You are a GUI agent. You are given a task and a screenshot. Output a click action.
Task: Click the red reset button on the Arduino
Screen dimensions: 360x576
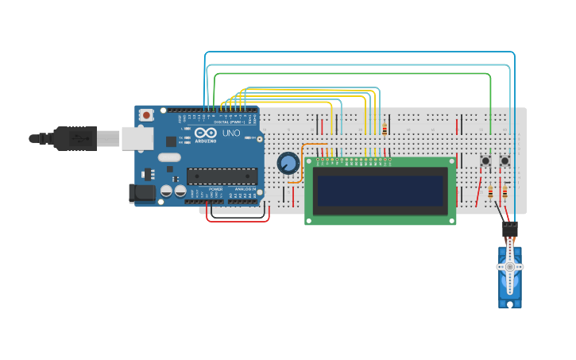tap(146, 115)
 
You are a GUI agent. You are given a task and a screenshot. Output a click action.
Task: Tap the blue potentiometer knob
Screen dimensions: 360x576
tap(288, 164)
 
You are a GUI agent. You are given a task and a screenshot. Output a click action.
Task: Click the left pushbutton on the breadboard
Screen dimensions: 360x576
tap(485, 161)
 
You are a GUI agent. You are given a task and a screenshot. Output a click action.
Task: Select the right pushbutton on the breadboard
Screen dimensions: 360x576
tap(504, 161)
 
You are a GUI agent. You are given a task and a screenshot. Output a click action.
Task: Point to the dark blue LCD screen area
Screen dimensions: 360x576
tap(380, 191)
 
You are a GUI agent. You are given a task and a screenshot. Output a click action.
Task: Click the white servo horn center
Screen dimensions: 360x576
tap(509, 268)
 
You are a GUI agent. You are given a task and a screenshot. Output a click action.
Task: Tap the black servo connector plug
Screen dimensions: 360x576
tap(509, 229)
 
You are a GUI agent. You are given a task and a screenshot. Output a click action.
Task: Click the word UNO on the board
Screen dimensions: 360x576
tap(230, 134)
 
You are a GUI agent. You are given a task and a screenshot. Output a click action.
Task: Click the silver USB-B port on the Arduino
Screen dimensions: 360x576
tap(137, 138)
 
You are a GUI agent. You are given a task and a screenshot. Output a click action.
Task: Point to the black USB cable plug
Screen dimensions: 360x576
tap(75, 138)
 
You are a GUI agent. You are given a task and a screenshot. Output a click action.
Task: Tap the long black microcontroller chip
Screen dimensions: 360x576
tap(221, 176)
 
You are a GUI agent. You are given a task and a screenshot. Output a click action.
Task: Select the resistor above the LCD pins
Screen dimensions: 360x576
tap(385, 130)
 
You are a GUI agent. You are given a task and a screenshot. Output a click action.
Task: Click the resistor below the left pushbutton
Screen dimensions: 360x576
tap(490, 192)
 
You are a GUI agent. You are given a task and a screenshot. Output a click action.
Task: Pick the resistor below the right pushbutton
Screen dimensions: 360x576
tap(504, 192)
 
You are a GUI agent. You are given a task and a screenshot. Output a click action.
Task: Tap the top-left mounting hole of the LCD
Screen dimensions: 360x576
tap(310, 162)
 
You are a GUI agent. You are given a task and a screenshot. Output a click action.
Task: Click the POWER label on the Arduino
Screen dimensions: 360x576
tap(215, 189)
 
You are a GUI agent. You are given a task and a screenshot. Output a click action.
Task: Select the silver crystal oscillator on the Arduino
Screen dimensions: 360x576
tap(169, 157)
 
